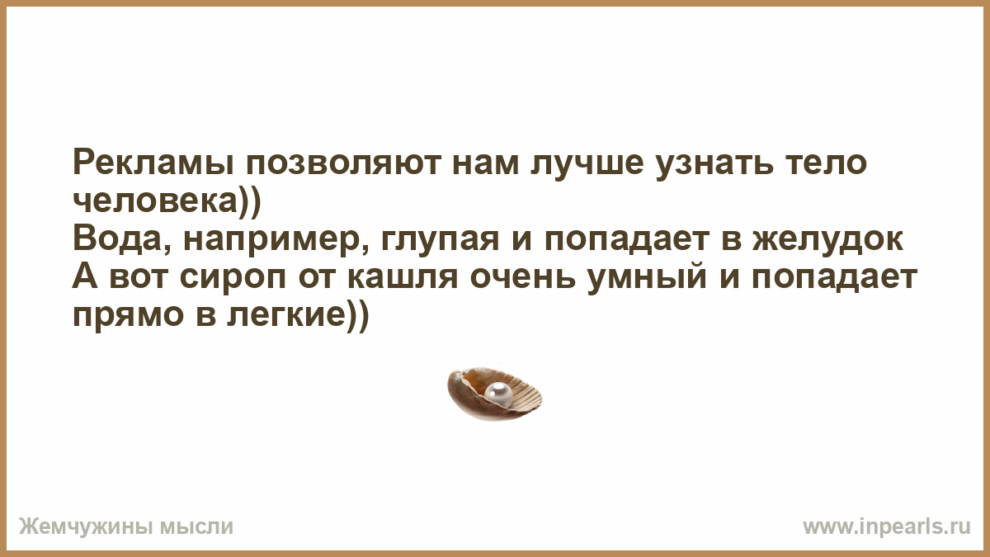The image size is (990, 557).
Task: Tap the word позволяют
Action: pyautogui.click(x=343, y=163)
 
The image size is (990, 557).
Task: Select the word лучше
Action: pyautogui.click(x=587, y=163)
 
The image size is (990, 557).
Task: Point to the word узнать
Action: pyautogui.click(x=715, y=163)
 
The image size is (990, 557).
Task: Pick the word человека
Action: pyautogui.click(x=156, y=201)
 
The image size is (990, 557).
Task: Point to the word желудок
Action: pyautogui.click(x=827, y=239)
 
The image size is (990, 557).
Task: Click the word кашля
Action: pyautogui.click(x=403, y=278)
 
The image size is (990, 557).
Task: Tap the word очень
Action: pyautogui.click(x=522, y=278)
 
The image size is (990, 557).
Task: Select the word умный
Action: pyautogui.click(x=647, y=278)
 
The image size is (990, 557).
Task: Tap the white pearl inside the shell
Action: pyautogui.click(x=498, y=391)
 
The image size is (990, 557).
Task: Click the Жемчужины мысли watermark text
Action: pyautogui.click(x=126, y=527)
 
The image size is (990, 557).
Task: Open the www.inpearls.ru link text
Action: pyautogui.click(x=887, y=527)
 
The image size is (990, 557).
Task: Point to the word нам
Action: pyautogui.click(x=486, y=163)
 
